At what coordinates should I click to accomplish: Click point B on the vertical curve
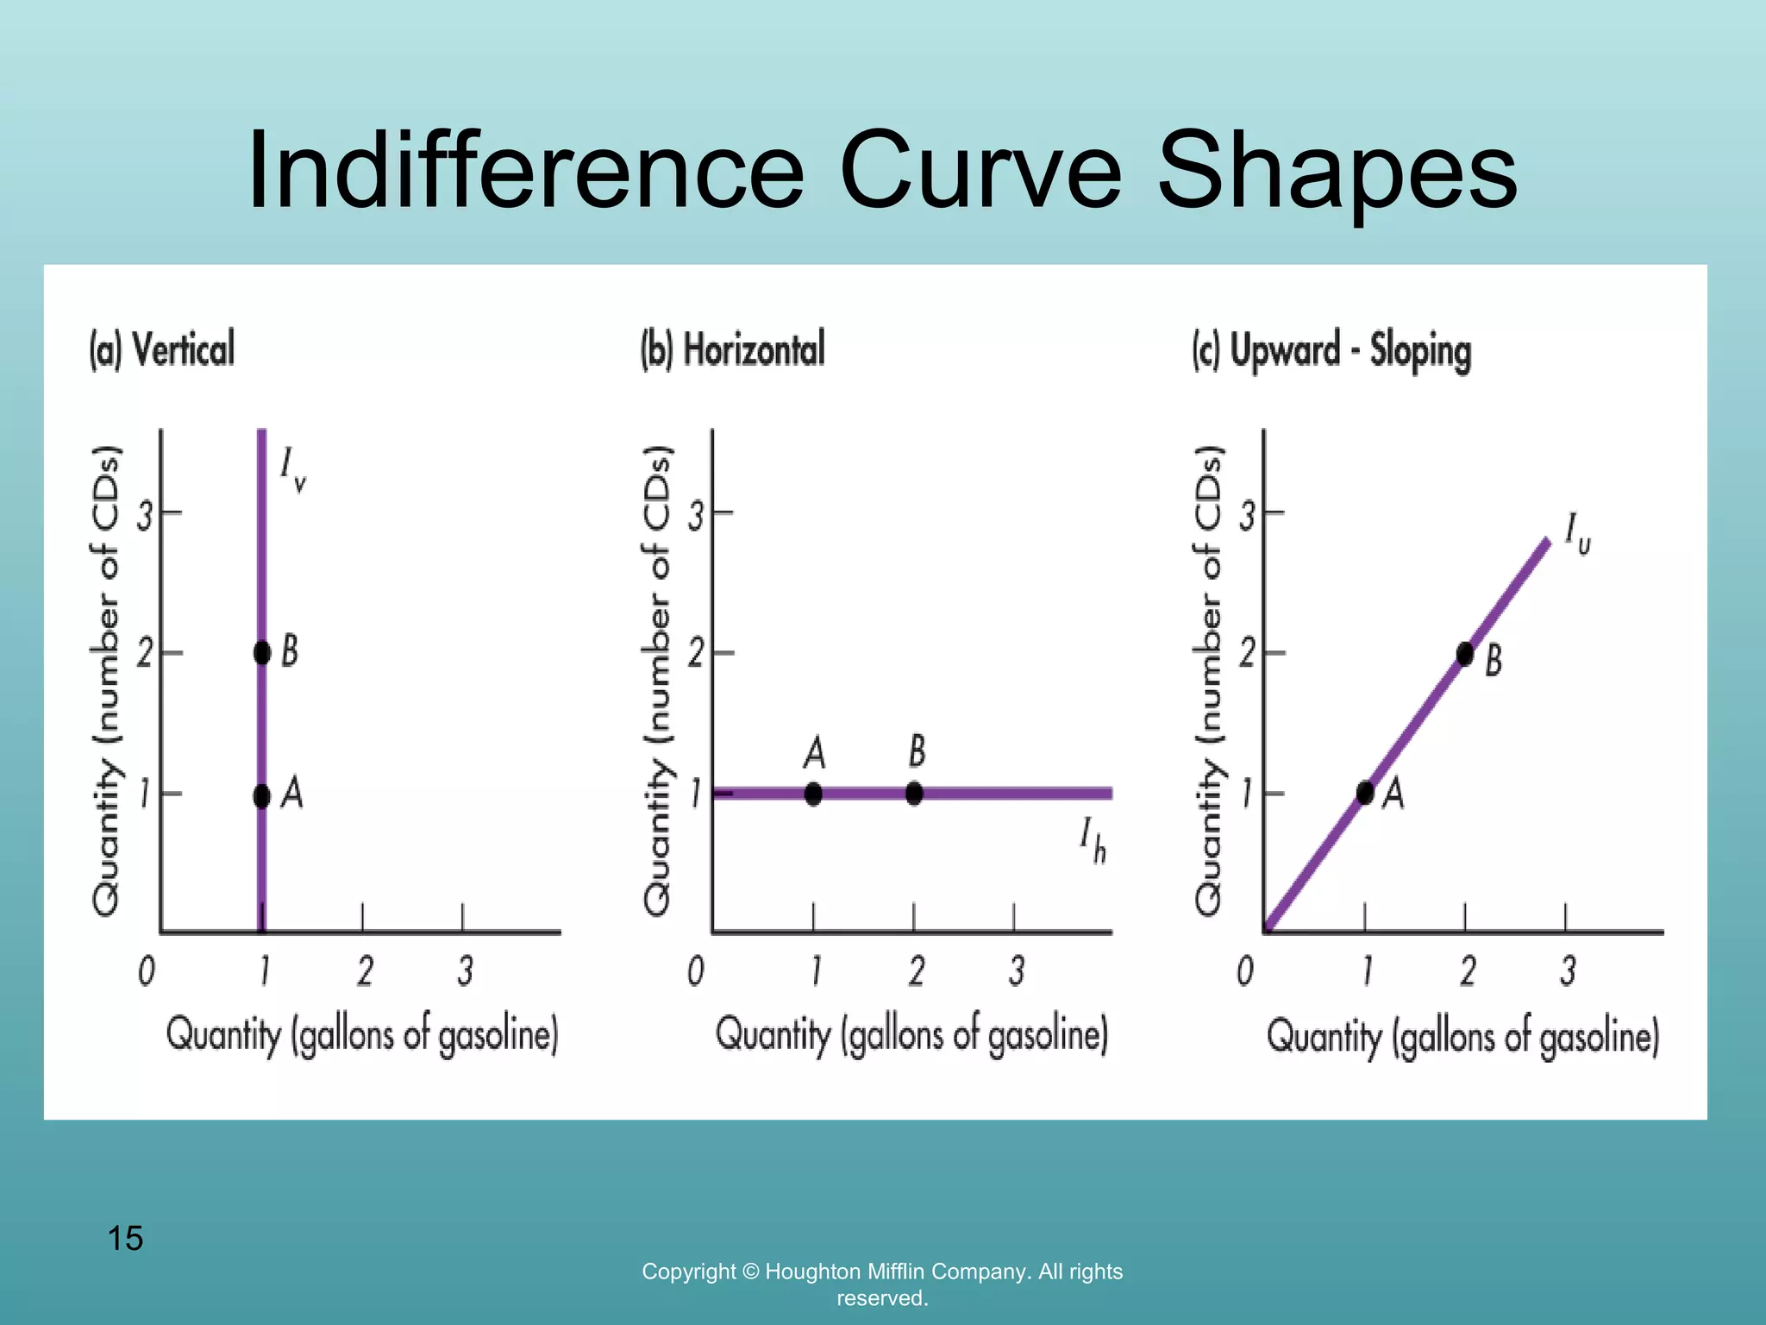pyautogui.click(x=262, y=652)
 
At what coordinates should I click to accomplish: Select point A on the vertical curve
pyautogui.click(x=262, y=795)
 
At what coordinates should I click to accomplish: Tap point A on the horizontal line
pyautogui.click(x=813, y=793)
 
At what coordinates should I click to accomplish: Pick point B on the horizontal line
pyautogui.click(x=914, y=793)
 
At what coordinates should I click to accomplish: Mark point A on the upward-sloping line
pyautogui.click(x=1365, y=793)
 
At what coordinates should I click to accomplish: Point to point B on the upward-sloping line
pyautogui.click(x=1465, y=654)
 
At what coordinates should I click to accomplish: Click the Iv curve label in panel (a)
pyautogui.click(x=292, y=470)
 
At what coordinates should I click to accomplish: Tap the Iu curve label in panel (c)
pyautogui.click(x=1577, y=533)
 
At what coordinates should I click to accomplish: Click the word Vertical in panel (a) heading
pyautogui.click(x=184, y=349)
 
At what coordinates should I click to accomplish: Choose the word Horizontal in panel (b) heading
pyautogui.click(x=754, y=349)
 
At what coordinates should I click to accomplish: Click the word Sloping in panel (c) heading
pyautogui.click(x=1420, y=351)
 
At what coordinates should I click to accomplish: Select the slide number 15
pyautogui.click(x=125, y=1239)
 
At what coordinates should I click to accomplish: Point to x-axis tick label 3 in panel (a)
pyautogui.click(x=465, y=971)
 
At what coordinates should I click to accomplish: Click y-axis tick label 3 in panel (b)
pyautogui.click(x=695, y=516)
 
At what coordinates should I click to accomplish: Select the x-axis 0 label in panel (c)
pyautogui.click(x=1245, y=971)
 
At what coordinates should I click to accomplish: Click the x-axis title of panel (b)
pyautogui.click(x=911, y=1034)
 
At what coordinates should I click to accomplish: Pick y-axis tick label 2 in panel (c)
pyautogui.click(x=1247, y=654)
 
